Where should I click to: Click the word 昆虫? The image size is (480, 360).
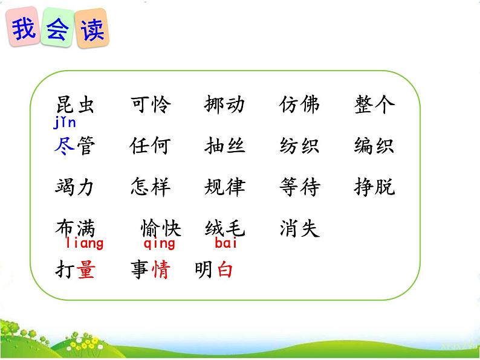(75, 105)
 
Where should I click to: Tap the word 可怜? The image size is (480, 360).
(151, 105)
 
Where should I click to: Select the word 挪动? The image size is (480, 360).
(225, 105)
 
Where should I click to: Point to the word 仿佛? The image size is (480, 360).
(299, 105)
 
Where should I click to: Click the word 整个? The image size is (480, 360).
(374, 105)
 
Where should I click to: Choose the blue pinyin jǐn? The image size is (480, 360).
(64, 124)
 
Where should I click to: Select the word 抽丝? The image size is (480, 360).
(225, 146)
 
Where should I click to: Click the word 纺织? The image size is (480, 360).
(299, 146)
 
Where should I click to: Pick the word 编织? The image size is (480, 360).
(374, 146)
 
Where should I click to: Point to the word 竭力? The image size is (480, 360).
(75, 187)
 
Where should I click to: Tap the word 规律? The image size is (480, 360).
(225, 187)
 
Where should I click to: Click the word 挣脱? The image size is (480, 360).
(374, 187)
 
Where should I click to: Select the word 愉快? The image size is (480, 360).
(161, 228)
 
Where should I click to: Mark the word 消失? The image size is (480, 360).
(299, 228)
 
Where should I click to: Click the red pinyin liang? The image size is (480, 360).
(84, 244)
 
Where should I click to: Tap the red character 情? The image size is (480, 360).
(161, 269)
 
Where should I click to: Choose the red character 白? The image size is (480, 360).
(225, 269)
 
